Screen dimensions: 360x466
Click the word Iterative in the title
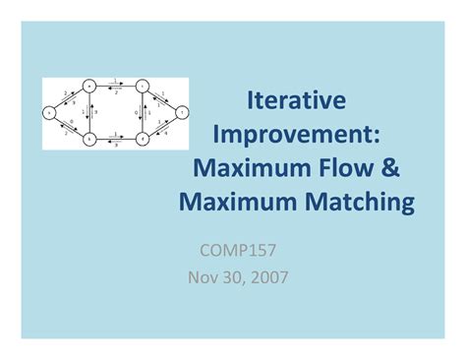point(296,100)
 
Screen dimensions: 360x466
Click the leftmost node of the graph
point(49,113)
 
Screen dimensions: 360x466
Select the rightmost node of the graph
point(181,113)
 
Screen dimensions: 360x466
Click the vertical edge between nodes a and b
point(88,113)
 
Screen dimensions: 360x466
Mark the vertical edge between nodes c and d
point(143,113)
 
